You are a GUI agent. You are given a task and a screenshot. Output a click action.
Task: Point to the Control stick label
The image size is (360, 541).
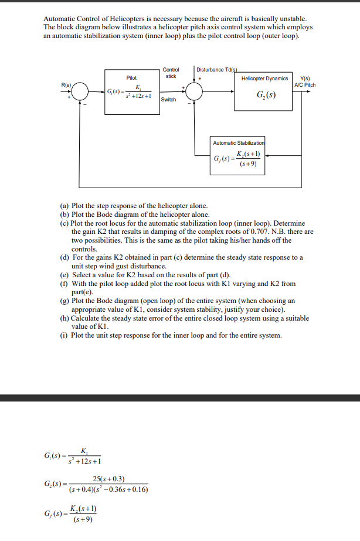click(x=171, y=73)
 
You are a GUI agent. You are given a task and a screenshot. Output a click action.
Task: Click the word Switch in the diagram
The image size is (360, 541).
click(x=168, y=100)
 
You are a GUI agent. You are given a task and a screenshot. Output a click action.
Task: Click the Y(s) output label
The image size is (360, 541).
click(x=305, y=79)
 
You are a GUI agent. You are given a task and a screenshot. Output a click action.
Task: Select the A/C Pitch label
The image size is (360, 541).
click(x=306, y=85)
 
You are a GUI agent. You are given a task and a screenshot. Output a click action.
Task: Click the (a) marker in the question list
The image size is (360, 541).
click(x=65, y=206)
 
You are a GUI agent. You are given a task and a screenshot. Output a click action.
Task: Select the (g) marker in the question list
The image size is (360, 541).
click(x=65, y=301)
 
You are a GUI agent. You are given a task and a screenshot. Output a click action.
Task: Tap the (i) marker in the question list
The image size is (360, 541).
click(x=64, y=335)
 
